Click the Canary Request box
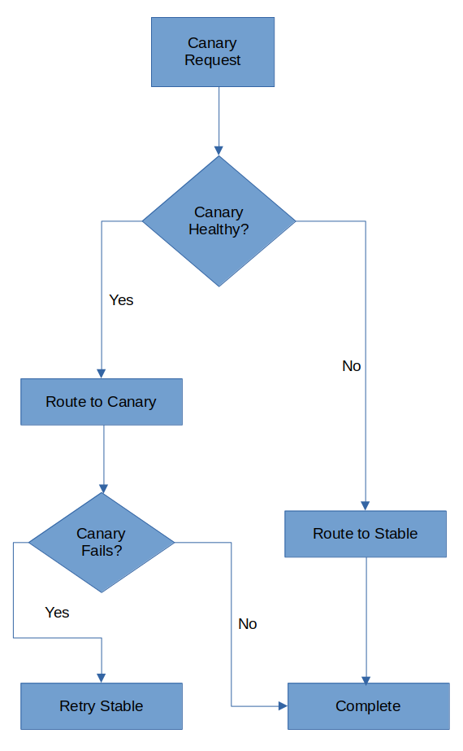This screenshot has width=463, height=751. tap(213, 52)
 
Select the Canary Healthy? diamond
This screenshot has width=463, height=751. tap(219, 220)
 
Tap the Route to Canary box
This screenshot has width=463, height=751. tap(102, 402)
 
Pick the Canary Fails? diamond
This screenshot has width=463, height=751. tap(102, 543)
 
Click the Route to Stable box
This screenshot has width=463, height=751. tap(366, 534)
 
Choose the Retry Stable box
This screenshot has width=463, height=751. tap(102, 706)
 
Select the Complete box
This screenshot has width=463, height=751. tap(368, 706)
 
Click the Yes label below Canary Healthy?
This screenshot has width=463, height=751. tap(121, 300)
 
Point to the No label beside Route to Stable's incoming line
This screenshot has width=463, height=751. tap(352, 366)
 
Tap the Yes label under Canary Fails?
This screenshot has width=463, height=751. tap(57, 613)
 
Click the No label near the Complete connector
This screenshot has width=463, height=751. tap(247, 624)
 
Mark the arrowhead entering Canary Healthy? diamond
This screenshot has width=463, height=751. tap(219, 151)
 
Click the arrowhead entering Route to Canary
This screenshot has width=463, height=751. tap(101, 373)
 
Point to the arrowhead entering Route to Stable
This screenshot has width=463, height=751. tap(366, 506)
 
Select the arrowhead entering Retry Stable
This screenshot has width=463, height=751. tap(101, 679)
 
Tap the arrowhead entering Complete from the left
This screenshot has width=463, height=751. tap(283, 706)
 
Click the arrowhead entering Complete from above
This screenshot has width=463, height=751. tap(366, 680)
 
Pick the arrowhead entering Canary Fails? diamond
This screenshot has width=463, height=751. tap(103, 489)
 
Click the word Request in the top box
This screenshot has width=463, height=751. tap(212, 61)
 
